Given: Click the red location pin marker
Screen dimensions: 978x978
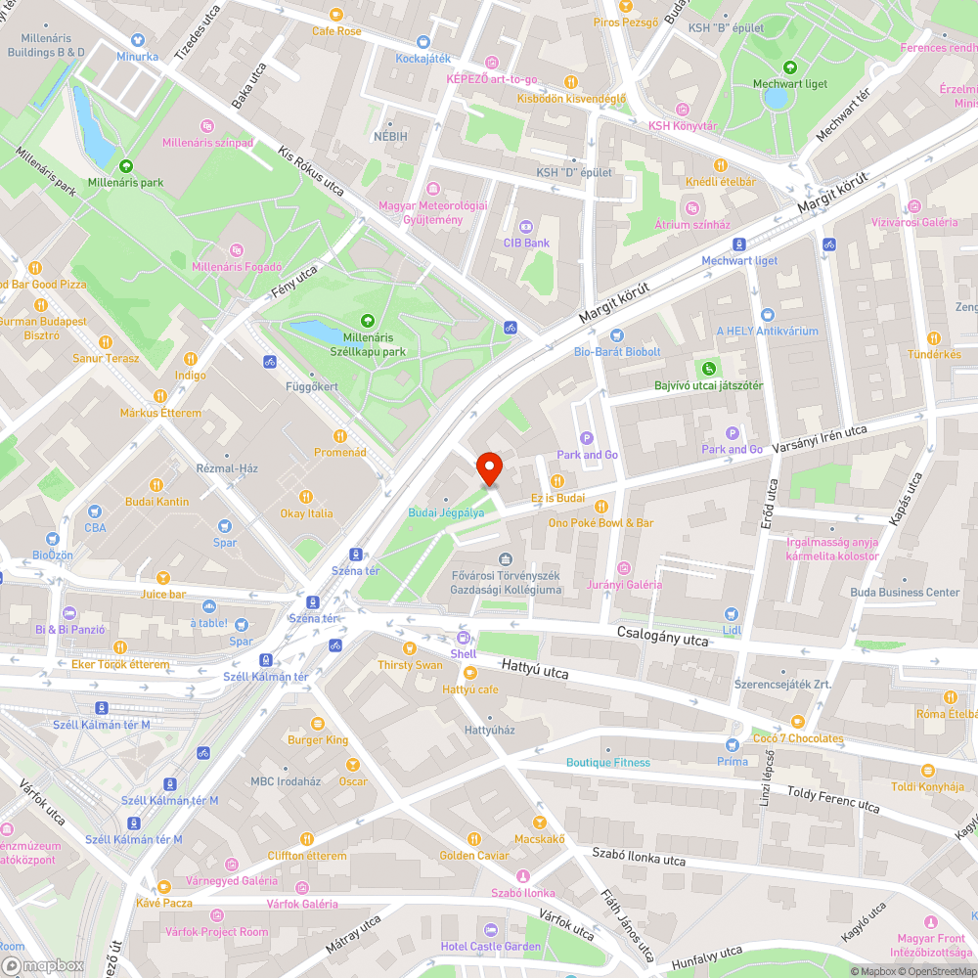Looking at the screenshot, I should pyautogui.click(x=488, y=468).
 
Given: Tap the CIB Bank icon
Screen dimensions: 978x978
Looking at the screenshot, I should pyautogui.click(x=526, y=226).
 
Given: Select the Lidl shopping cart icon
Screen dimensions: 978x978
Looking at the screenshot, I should pyautogui.click(x=732, y=613).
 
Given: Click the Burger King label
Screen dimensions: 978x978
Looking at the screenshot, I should pyautogui.click(x=318, y=740).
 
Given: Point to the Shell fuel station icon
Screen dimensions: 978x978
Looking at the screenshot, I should pyautogui.click(x=464, y=637).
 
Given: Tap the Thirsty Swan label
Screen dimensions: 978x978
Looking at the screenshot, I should pyautogui.click(x=410, y=665).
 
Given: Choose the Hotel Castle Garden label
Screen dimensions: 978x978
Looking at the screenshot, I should pyautogui.click(x=490, y=947).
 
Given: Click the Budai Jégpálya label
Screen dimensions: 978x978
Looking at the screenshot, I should pyautogui.click(x=446, y=512).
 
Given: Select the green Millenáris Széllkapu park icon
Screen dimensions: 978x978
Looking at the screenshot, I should pyautogui.click(x=368, y=320).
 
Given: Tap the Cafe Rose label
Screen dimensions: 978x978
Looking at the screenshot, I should pyautogui.click(x=336, y=31).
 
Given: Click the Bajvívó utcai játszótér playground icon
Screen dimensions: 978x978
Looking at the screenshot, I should pyautogui.click(x=708, y=369).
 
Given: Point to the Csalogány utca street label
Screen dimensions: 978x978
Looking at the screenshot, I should pyautogui.click(x=662, y=637).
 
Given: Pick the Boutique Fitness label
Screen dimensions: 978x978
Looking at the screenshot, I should pyautogui.click(x=607, y=763).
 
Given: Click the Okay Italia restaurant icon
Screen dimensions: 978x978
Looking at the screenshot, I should pyautogui.click(x=306, y=497).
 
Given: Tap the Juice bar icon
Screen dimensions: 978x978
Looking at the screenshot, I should pyautogui.click(x=163, y=577).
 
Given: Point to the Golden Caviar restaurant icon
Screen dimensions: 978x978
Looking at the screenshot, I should pyautogui.click(x=474, y=838).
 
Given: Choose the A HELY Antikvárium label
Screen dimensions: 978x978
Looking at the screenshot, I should pyautogui.click(x=767, y=332).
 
